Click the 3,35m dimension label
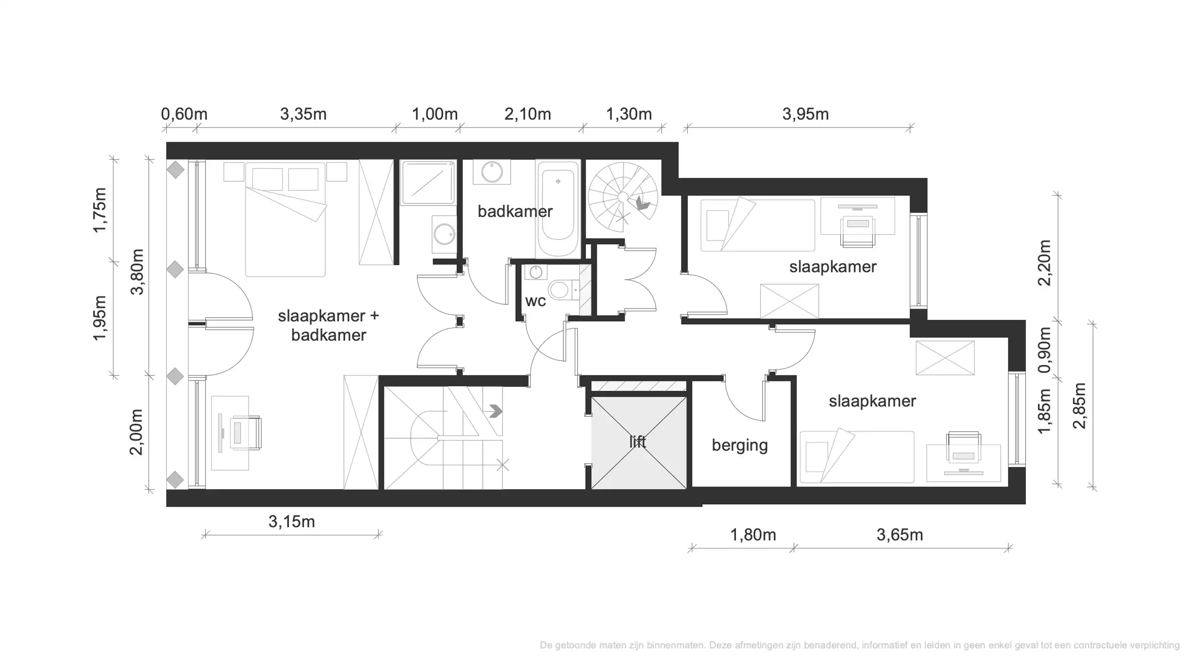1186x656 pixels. [x=303, y=114]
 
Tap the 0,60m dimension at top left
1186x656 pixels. [x=184, y=114]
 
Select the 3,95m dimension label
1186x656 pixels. [x=805, y=114]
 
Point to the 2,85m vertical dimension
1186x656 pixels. [x=1079, y=405]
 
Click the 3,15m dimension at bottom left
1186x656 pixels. [x=291, y=522]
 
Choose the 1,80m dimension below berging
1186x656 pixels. [x=753, y=535]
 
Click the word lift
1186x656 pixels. [x=638, y=442]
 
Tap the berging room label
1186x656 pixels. [x=739, y=445]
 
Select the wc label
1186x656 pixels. [x=535, y=301]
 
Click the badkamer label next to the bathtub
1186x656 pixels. [x=514, y=211]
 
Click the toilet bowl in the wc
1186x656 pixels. [x=559, y=290]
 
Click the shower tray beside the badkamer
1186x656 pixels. [x=428, y=182]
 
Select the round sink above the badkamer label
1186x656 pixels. [x=492, y=172]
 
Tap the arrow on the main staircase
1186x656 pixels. [x=496, y=410]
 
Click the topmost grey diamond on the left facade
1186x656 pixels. [x=175, y=170]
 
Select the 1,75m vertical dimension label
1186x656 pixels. [x=99, y=210]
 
